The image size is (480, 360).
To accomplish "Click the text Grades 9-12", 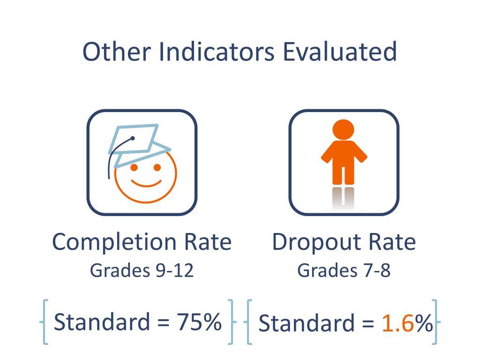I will pos(142,270).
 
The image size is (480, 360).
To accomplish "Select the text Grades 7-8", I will pos(344,270).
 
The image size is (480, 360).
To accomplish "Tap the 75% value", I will pos(198,322).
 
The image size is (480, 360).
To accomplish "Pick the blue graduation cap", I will pos(136,141).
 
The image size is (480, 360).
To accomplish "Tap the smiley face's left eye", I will pos(134,167).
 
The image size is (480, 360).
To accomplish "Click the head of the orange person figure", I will pos(344,129).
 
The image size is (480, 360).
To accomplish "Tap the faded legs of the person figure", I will pos(344,197).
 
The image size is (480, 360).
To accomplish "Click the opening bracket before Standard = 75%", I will pos(45,322).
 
